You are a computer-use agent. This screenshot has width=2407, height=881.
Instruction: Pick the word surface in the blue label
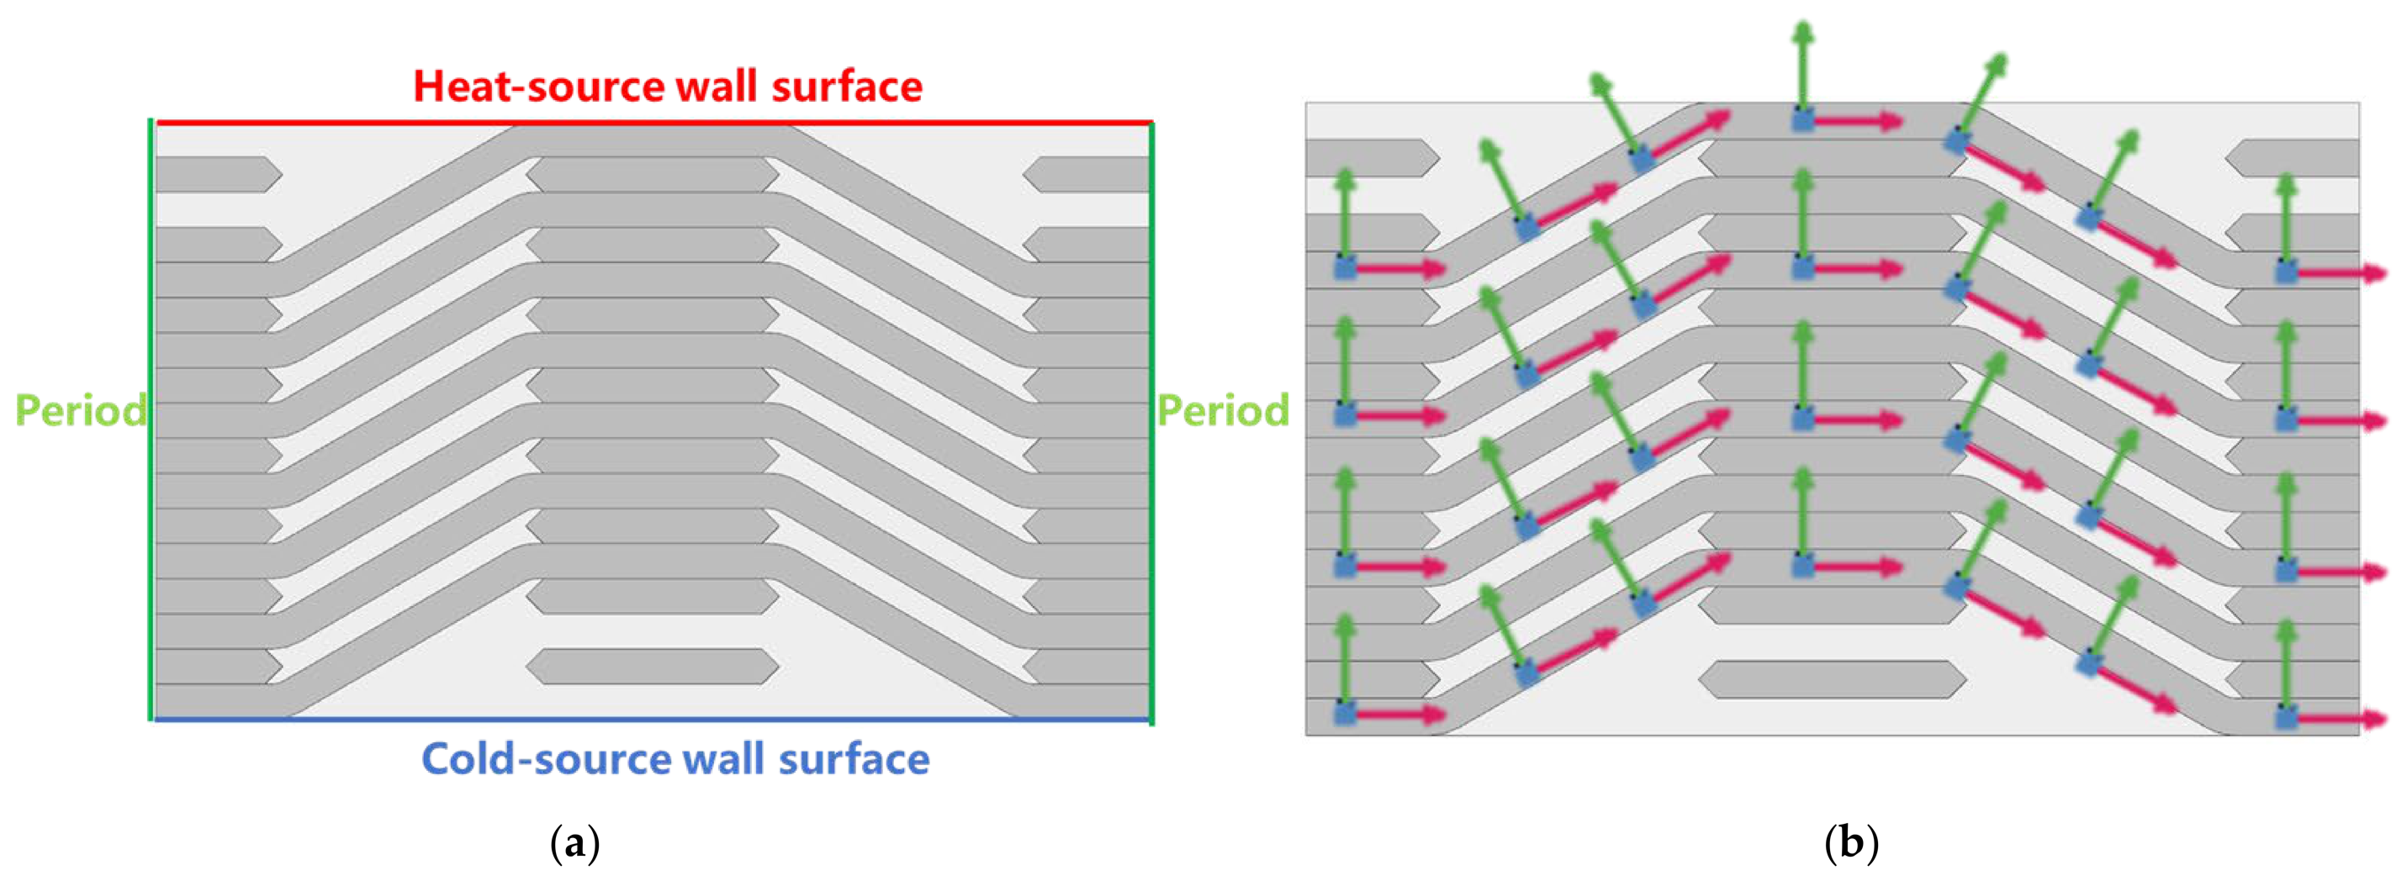coord(854,758)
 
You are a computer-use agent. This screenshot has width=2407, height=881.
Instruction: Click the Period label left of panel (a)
coord(81,411)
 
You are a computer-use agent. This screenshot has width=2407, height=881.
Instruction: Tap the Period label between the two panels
coord(1223,411)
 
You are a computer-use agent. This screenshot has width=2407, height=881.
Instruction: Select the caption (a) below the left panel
coord(574,844)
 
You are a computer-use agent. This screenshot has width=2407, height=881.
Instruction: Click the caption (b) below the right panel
coord(1850,844)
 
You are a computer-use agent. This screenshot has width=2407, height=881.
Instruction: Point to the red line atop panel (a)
coord(654,123)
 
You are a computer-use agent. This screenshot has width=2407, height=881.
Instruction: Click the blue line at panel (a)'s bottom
coord(652,720)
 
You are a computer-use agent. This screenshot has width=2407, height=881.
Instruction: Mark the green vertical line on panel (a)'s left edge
coord(151,419)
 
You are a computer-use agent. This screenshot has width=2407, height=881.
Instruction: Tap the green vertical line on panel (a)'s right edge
coord(1151,423)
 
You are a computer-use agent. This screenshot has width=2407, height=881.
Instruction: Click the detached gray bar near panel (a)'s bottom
coord(652,666)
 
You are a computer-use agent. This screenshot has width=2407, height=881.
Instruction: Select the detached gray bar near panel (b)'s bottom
coord(1833,679)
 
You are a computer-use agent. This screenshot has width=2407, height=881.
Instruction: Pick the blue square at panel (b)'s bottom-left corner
coord(1345,714)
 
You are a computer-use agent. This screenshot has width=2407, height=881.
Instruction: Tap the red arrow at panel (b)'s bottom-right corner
coord(2341,719)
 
